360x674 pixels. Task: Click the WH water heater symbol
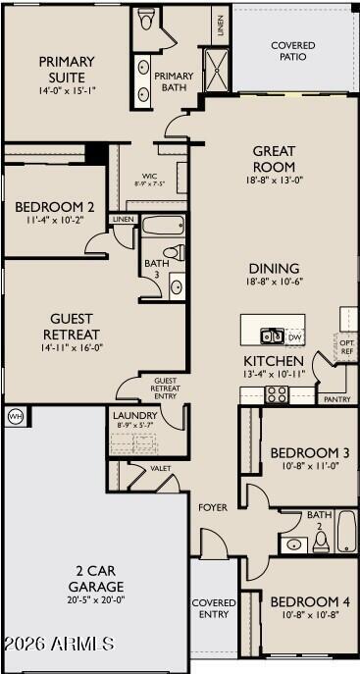[x=14, y=416]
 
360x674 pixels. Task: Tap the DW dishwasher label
[x=294, y=337]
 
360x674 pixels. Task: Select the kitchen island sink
[x=272, y=337]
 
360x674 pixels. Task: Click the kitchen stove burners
[x=276, y=394]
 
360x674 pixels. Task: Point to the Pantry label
[x=336, y=399]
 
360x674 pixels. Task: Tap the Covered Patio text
[x=292, y=51]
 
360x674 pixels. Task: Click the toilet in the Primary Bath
[x=148, y=21]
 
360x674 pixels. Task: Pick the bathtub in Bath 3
[x=163, y=226]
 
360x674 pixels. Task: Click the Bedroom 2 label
[x=55, y=207]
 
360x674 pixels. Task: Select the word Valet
[x=161, y=469]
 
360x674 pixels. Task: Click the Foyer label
[x=214, y=507]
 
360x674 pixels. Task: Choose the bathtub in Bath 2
[x=347, y=534]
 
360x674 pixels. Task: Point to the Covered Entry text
[x=213, y=608]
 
